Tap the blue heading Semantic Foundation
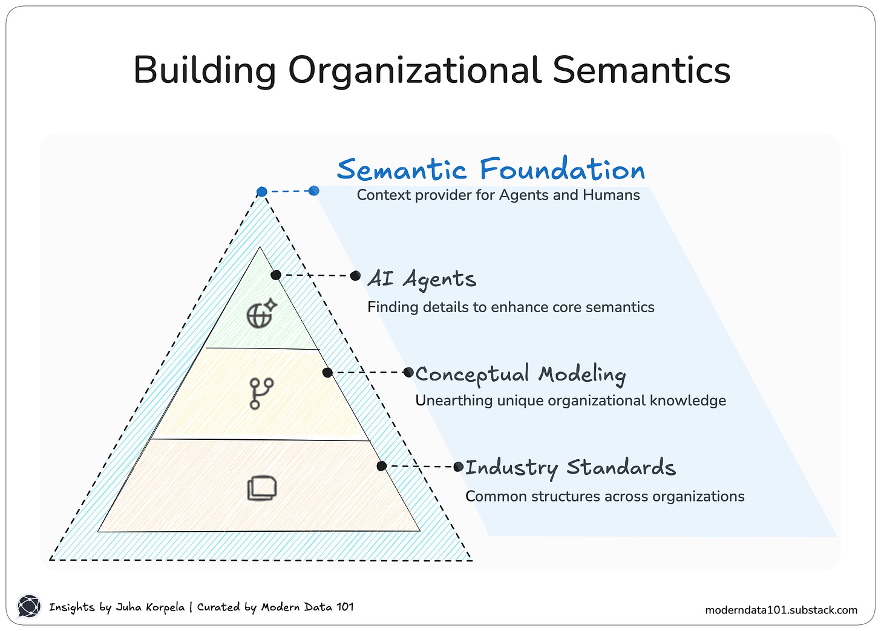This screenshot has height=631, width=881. coord(491,169)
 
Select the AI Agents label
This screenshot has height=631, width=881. coord(422,279)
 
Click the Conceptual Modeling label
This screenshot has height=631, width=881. coord(520,374)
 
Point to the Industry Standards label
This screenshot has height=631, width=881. coord(570,468)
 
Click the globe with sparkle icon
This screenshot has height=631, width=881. coord(261,313)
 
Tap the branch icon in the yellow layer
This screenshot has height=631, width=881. coord(261,393)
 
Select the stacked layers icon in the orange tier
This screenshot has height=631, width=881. coord(262,488)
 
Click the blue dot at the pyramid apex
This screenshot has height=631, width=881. coord(261,192)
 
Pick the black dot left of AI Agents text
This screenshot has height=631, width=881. coord(356,276)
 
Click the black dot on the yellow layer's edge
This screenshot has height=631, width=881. coord(327,373)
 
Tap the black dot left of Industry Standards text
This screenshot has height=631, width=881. coord(459,466)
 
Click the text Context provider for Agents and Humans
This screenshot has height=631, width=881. coord(498,195)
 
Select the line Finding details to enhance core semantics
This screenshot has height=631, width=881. coord(511,307)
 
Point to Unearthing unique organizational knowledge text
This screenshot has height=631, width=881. coord(570,401)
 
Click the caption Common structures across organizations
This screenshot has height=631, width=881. coord(604,497)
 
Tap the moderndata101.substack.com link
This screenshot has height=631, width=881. coord(781,610)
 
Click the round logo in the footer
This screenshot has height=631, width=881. coord(28,606)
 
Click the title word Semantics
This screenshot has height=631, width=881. coord(641,70)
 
